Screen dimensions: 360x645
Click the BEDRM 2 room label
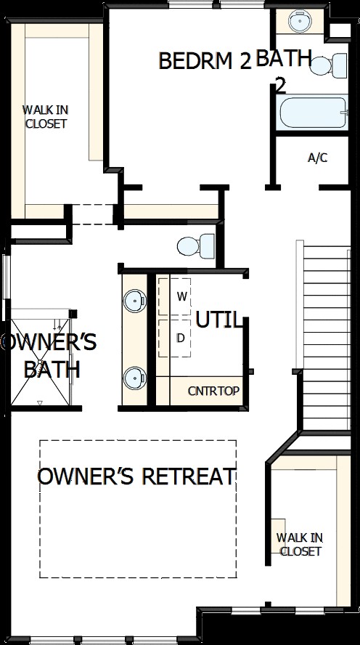pyautogui.click(x=204, y=61)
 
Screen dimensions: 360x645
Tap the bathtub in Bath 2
pyautogui.click(x=313, y=113)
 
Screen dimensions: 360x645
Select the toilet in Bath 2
pyautogui.click(x=328, y=65)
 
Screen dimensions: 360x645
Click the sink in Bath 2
pyautogui.click(x=300, y=20)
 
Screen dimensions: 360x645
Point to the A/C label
pyautogui.click(x=318, y=158)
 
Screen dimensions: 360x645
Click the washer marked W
pyautogui.click(x=175, y=297)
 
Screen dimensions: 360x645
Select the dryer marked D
pyautogui.click(x=175, y=338)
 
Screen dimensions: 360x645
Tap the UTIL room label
pyautogui.click(x=218, y=320)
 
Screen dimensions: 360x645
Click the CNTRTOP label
pyautogui.click(x=213, y=391)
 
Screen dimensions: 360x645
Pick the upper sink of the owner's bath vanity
pyautogui.click(x=135, y=300)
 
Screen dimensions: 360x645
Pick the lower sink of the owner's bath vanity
pyautogui.click(x=135, y=377)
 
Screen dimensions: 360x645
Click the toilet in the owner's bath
pyautogui.click(x=196, y=246)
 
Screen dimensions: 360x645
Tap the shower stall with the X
pyautogui.click(x=40, y=357)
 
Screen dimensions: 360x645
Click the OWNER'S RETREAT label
pyautogui.click(x=136, y=476)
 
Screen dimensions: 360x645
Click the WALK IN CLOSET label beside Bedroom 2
pyautogui.click(x=45, y=117)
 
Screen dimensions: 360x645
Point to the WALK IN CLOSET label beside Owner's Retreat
pyautogui.click(x=300, y=544)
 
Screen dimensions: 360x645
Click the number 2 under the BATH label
pyautogui.click(x=281, y=86)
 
